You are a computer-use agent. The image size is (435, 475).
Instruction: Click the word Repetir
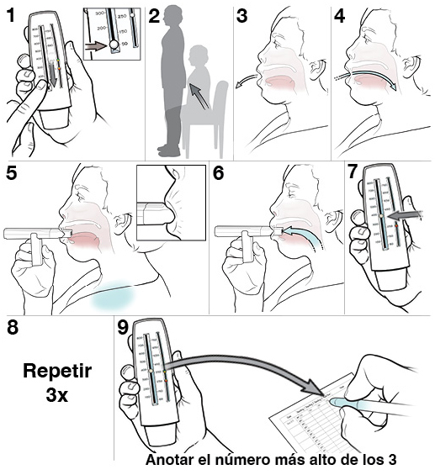[x=56, y=370]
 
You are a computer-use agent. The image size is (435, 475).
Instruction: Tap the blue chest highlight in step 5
[x=115, y=295]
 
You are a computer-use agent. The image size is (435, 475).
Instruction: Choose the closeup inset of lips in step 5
[x=170, y=203]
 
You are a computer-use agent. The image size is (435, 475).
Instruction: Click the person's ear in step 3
[x=316, y=66]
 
